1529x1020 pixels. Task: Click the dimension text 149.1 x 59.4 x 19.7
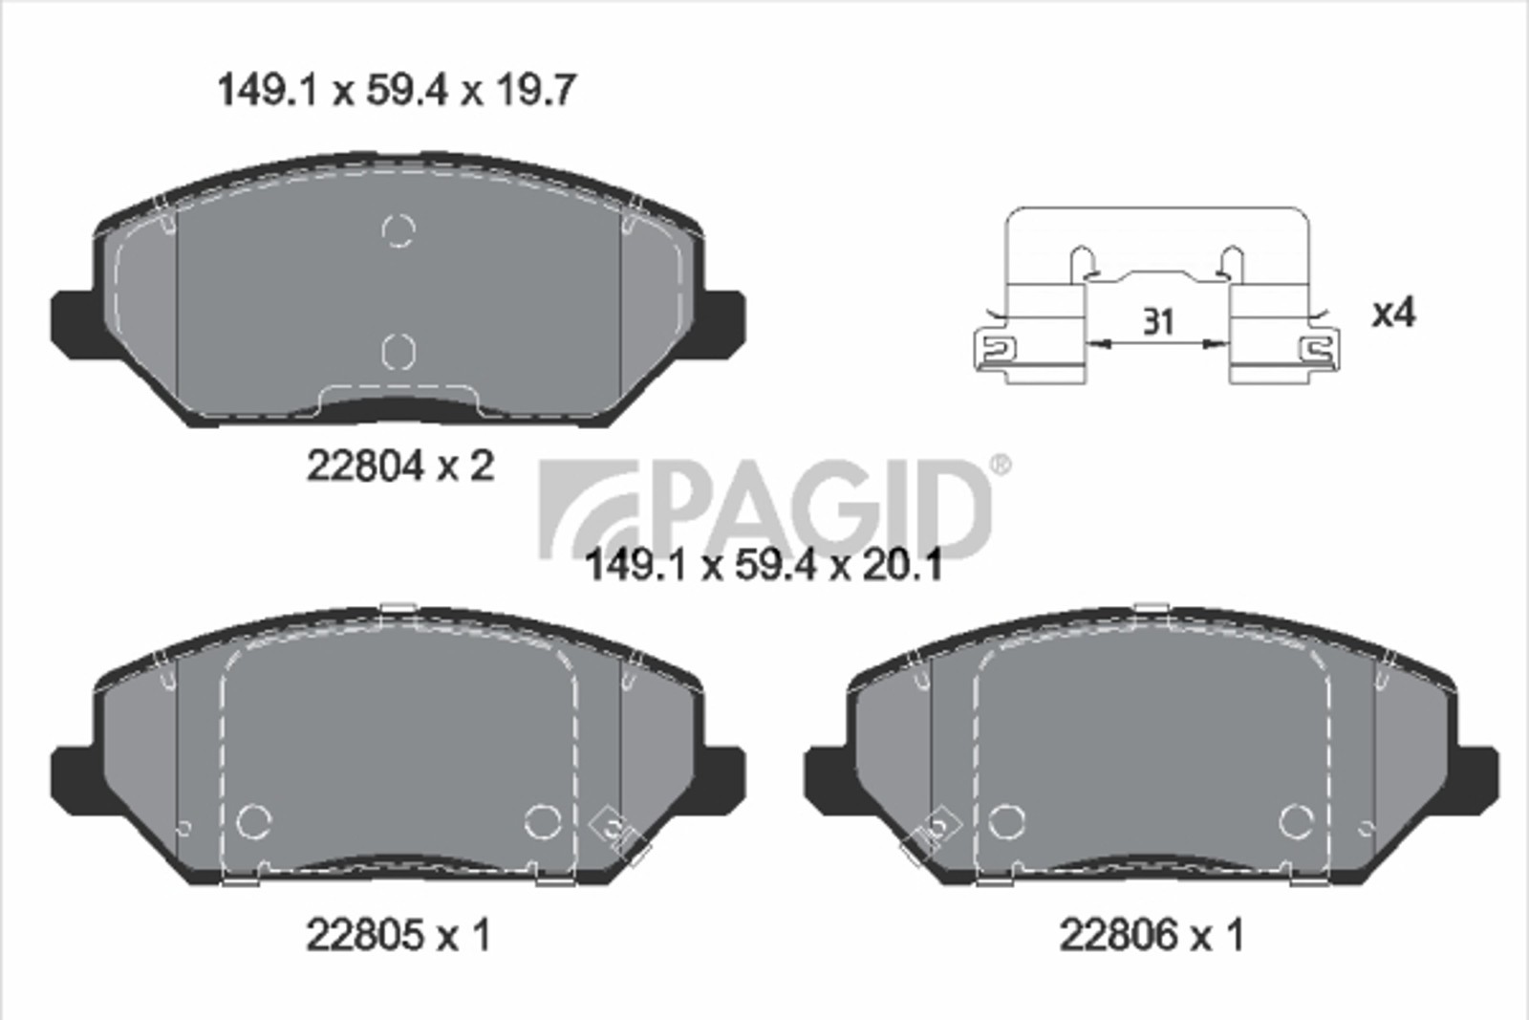397,91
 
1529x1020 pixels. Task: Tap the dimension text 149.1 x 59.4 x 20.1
764,565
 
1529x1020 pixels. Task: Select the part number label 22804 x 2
400,467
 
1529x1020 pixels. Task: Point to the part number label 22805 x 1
398,935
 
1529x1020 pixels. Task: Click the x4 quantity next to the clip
1394,314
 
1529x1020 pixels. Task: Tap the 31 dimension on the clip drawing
1158,321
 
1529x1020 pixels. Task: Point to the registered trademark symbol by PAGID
1001,465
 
